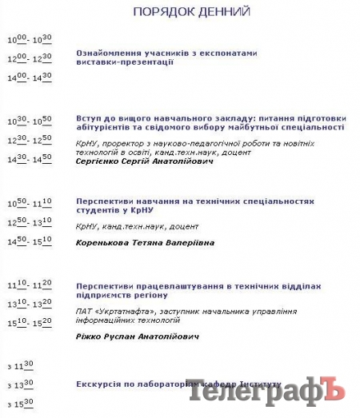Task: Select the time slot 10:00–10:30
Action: coord(30,39)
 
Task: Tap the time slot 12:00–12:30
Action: coord(30,58)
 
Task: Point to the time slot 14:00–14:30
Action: coord(30,78)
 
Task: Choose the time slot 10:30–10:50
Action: coord(30,121)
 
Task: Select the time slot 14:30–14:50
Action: coord(30,159)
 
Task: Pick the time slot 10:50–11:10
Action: coord(30,203)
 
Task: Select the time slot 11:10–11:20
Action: coord(30,285)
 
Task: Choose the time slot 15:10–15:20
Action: coord(30,323)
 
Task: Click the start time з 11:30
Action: coord(20,365)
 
